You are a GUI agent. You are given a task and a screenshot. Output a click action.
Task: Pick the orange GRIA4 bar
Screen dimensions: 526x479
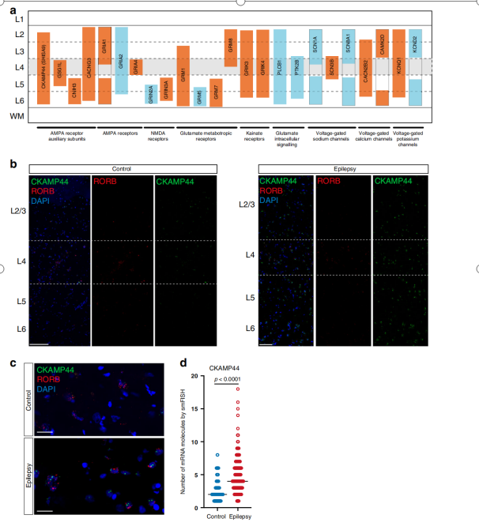136,66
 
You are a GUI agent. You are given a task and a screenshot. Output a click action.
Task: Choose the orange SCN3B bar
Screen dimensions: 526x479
332,67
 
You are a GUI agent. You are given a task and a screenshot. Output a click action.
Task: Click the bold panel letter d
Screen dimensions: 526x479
184,363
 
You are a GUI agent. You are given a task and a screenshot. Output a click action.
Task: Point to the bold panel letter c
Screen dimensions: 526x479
13,363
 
